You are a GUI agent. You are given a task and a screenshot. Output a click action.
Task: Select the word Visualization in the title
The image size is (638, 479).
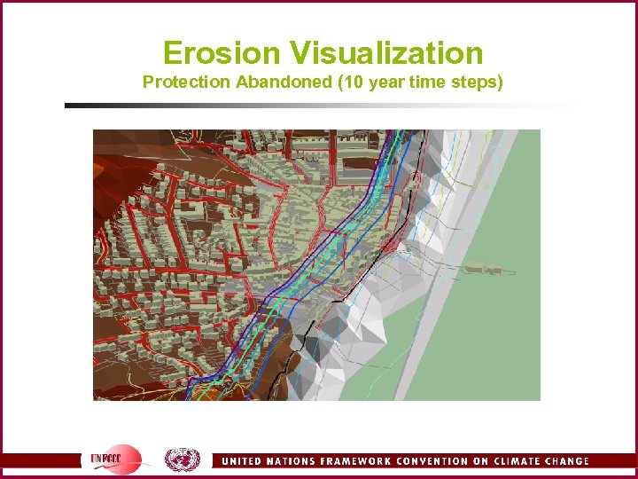[x=387, y=53]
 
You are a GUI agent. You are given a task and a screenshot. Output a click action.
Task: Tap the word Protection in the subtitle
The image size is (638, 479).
[x=187, y=82]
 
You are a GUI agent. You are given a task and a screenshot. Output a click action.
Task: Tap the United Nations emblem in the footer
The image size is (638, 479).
[x=183, y=459]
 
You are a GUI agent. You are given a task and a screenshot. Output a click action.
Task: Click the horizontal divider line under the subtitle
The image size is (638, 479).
[x=319, y=106]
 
